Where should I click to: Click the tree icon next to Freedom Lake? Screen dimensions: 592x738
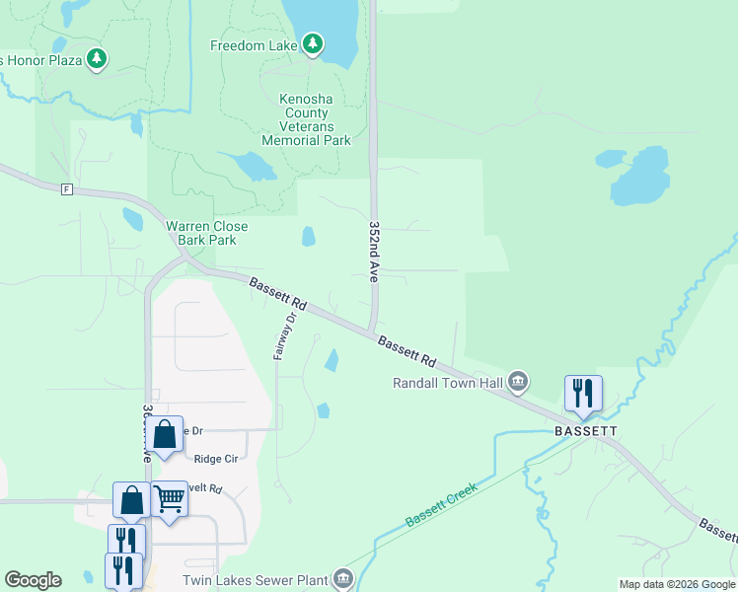click(313, 43)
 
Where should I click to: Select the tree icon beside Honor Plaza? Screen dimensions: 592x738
click(97, 59)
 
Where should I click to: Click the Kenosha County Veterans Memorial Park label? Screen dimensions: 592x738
click(306, 120)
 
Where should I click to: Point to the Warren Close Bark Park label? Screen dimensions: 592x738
click(207, 233)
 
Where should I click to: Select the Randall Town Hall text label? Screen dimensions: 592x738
click(448, 383)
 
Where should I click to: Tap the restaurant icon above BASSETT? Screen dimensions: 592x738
click(583, 394)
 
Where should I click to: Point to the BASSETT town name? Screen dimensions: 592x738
click(585, 431)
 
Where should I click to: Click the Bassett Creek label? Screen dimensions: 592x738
click(440, 504)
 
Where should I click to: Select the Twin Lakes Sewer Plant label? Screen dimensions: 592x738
click(255, 581)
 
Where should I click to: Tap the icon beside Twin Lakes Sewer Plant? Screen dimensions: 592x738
click(342, 578)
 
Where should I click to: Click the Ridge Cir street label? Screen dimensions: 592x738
click(216, 459)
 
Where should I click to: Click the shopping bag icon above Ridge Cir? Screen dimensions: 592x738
click(166, 434)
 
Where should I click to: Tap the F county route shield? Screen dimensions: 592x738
click(67, 188)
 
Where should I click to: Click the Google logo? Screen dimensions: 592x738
click(33, 580)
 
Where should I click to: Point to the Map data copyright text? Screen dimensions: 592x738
click(677, 584)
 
